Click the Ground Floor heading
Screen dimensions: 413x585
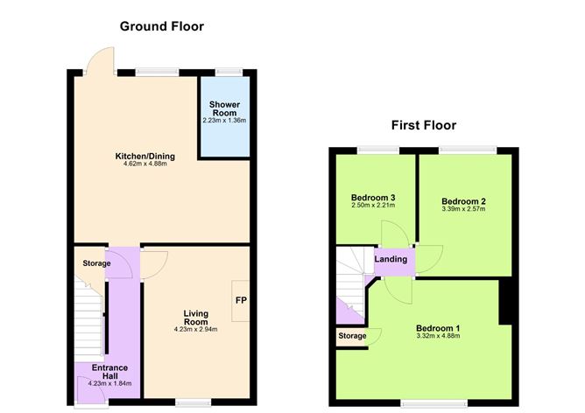[x=162, y=26]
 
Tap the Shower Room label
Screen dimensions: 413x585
[x=225, y=109]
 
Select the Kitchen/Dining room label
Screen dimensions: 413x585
[x=145, y=157]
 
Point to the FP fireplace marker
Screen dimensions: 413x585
[x=240, y=301]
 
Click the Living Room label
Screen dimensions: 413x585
[x=194, y=317]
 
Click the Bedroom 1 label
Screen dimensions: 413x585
[x=438, y=328]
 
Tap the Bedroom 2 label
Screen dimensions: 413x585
[x=464, y=200]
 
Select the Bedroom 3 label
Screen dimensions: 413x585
[x=373, y=197]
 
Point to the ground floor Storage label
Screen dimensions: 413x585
[x=96, y=263]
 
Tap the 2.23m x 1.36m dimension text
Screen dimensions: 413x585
[x=225, y=121]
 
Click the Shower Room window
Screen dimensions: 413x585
[x=229, y=71]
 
